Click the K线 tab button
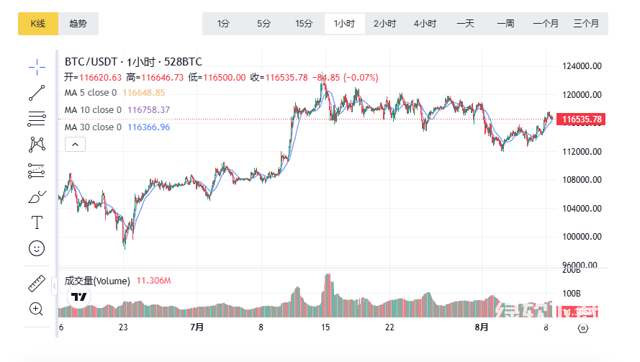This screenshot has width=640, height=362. pyautogui.click(x=37, y=24)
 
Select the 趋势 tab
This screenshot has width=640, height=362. pyautogui.click(x=78, y=24)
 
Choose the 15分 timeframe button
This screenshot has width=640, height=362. pyautogui.click(x=304, y=24)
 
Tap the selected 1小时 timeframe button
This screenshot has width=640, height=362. pyautogui.click(x=344, y=24)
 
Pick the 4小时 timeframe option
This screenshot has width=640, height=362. pyautogui.click(x=425, y=24)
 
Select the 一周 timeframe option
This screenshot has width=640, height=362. pyautogui.click(x=505, y=24)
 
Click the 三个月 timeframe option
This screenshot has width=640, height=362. pyautogui.click(x=586, y=24)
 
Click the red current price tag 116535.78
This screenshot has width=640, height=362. pyautogui.click(x=582, y=119)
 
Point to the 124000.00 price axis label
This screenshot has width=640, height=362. pyautogui.click(x=581, y=66)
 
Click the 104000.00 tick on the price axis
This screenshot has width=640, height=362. pyautogui.click(x=581, y=209)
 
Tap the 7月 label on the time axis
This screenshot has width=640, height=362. pyautogui.click(x=197, y=327)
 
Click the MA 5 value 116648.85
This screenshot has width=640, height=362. pyautogui.click(x=144, y=93)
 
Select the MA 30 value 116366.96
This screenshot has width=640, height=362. pyautogui.click(x=148, y=127)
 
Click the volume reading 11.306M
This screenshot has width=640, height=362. pyautogui.click(x=153, y=281)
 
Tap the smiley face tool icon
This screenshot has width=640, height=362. pyautogui.click(x=37, y=248)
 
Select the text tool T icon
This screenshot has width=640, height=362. pyautogui.click(x=37, y=222)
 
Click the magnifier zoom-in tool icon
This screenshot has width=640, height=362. pyautogui.click(x=37, y=309)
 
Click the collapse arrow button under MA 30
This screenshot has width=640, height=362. pyautogui.click(x=76, y=145)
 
